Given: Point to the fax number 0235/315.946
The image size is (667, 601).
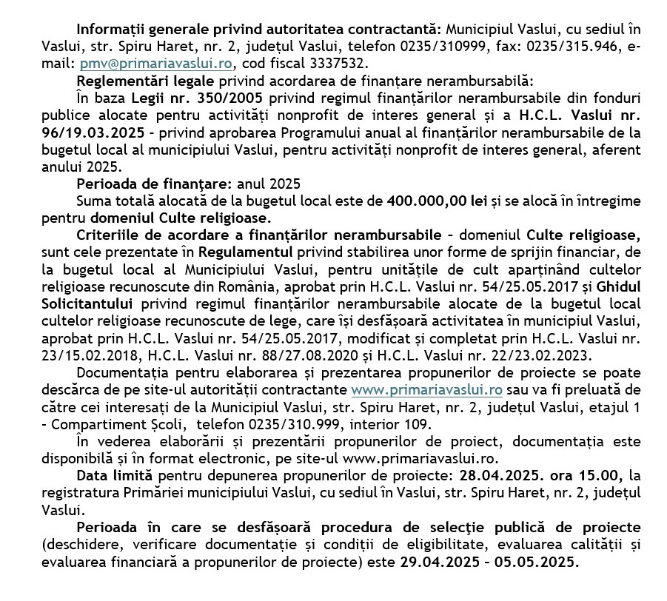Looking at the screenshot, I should click(x=569, y=47).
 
